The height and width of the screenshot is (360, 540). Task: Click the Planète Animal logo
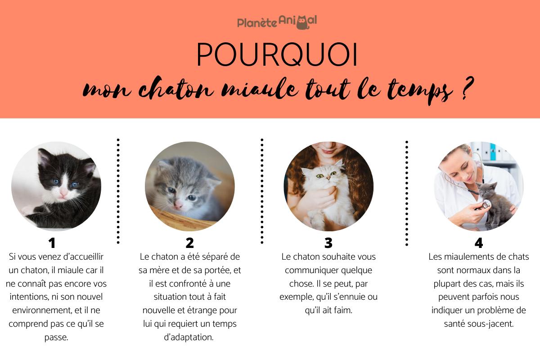277,22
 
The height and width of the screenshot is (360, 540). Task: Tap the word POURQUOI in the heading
277,54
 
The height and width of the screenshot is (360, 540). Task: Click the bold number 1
52,243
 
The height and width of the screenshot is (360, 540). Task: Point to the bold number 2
190,243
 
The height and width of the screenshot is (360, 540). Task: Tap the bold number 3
328,243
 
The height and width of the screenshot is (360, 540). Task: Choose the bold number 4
479,243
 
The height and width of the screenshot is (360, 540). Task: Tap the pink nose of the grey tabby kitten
179,204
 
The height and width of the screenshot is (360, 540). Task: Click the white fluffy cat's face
325,175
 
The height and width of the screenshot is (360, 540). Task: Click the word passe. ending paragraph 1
56,337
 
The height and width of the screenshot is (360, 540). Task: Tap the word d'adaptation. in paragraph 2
189,337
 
